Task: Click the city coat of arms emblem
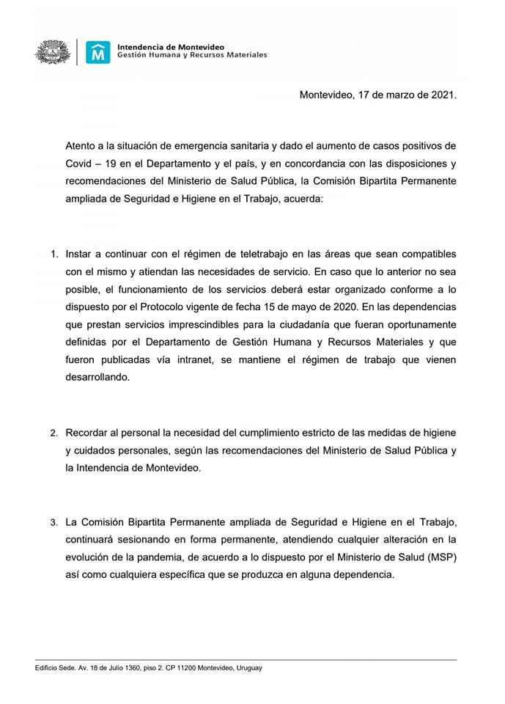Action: (x=54, y=52)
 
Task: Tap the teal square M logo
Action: (x=97, y=52)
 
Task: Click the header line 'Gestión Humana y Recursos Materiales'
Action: (x=192, y=56)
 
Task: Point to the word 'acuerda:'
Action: (x=301, y=201)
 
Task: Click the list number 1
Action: (x=54, y=254)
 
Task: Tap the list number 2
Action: (x=54, y=433)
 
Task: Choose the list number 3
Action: (x=54, y=523)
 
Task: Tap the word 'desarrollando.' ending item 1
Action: (x=97, y=377)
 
